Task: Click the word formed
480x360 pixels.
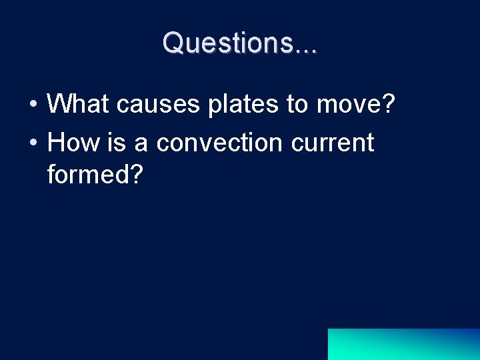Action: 86,175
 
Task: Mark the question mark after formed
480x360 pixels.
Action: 135,175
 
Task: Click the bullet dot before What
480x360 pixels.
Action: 33,105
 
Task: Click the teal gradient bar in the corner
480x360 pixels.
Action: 403,344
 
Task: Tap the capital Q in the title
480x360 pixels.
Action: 175,43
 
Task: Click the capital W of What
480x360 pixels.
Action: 60,104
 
